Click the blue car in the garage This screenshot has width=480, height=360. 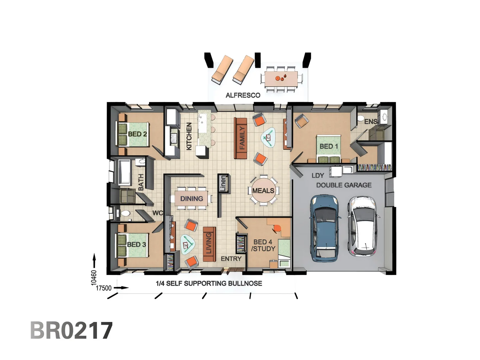[x=325, y=228]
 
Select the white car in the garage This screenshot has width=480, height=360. [x=363, y=227]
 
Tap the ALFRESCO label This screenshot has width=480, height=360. [x=243, y=95]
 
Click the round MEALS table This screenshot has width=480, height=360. [x=263, y=191]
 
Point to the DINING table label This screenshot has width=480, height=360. [x=192, y=199]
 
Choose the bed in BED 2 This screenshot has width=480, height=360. [x=133, y=134]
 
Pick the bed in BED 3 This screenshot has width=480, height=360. [x=132, y=245]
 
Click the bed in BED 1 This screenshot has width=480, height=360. [x=328, y=149]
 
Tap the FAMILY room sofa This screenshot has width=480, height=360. [x=241, y=138]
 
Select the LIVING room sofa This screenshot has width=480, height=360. [x=209, y=244]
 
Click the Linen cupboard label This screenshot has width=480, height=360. [x=223, y=183]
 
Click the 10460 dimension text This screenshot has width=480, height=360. [x=94, y=278]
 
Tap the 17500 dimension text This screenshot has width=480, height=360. [x=104, y=288]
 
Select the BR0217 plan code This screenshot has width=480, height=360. [x=71, y=330]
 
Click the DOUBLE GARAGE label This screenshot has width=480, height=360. [x=344, y=185]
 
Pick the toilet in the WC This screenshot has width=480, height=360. [x=125, y=214]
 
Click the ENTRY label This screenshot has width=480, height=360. [x=231, y=259]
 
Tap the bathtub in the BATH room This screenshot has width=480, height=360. [x=124, y=172]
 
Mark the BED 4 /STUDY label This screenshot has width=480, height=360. [x=263, y=245]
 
